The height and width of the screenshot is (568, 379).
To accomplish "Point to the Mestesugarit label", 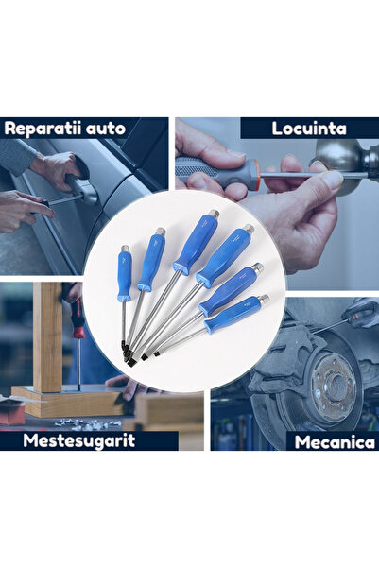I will click(79, 440).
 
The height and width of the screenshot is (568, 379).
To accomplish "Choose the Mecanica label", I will click(330, 441).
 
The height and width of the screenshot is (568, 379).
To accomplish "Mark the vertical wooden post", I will click(47, 336).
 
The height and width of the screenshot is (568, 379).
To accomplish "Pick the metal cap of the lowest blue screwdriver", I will click(264, 299).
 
